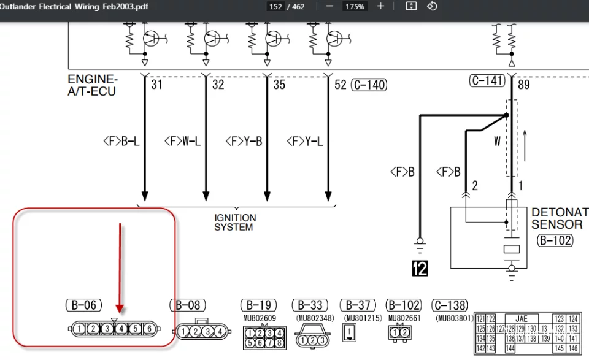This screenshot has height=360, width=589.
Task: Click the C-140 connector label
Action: point(369,85)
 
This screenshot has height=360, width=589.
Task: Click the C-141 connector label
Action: point(487,80)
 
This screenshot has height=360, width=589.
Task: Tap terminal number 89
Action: point(523,85)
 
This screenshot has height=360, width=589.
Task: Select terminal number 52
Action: point(341,85)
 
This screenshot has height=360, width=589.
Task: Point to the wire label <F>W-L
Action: point(182,142)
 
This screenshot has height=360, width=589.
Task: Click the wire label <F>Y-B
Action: point(244,142)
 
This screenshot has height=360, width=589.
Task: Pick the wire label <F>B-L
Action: point(121,142)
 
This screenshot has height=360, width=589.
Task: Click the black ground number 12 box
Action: point(420,267)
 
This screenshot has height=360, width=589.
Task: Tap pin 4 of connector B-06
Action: point(121,329)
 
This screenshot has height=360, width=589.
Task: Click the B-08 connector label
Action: point(187,305)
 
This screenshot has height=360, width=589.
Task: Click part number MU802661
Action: point(402,318)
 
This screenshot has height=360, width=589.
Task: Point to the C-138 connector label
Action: point(450,305)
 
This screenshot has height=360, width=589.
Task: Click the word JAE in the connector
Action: point(521,319)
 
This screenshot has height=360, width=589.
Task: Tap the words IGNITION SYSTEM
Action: point(235,223)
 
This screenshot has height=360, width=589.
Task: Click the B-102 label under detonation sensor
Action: point(555,240)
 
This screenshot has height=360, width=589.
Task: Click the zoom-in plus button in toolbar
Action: point(380,6)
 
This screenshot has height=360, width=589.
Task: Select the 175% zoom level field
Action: point(355,7)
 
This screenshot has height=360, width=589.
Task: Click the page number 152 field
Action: point(275,7)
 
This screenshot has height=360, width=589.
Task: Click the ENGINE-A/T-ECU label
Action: point(93,85)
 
